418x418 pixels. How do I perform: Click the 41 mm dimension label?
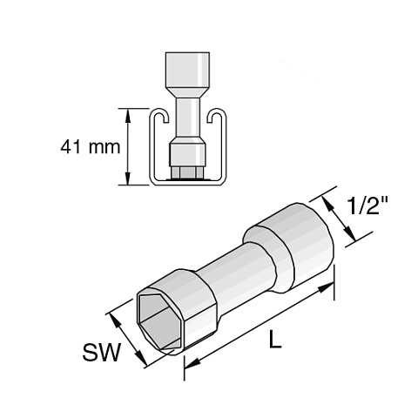click(91, 147)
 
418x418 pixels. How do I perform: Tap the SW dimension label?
click(101, 353)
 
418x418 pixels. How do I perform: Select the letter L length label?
click(275, 339)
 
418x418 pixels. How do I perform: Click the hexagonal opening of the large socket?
click(159, 320)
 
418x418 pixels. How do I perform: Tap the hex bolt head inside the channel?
click(187, 172)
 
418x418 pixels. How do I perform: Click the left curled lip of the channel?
click(161, 116)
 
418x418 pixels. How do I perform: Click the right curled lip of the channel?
click(215, 116)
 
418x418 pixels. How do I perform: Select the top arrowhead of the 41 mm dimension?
click(127, 115)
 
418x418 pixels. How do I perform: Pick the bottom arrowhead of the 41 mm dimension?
click(127, 178)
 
